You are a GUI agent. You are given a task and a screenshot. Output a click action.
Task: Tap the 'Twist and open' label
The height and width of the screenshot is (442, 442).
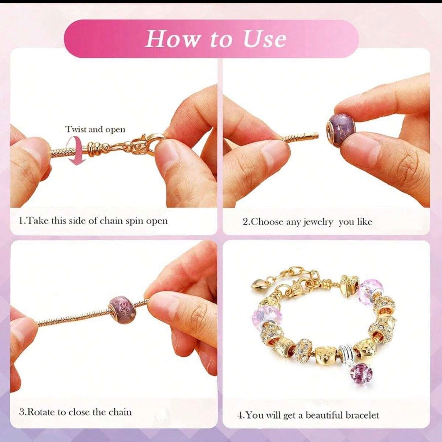[95, 130]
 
